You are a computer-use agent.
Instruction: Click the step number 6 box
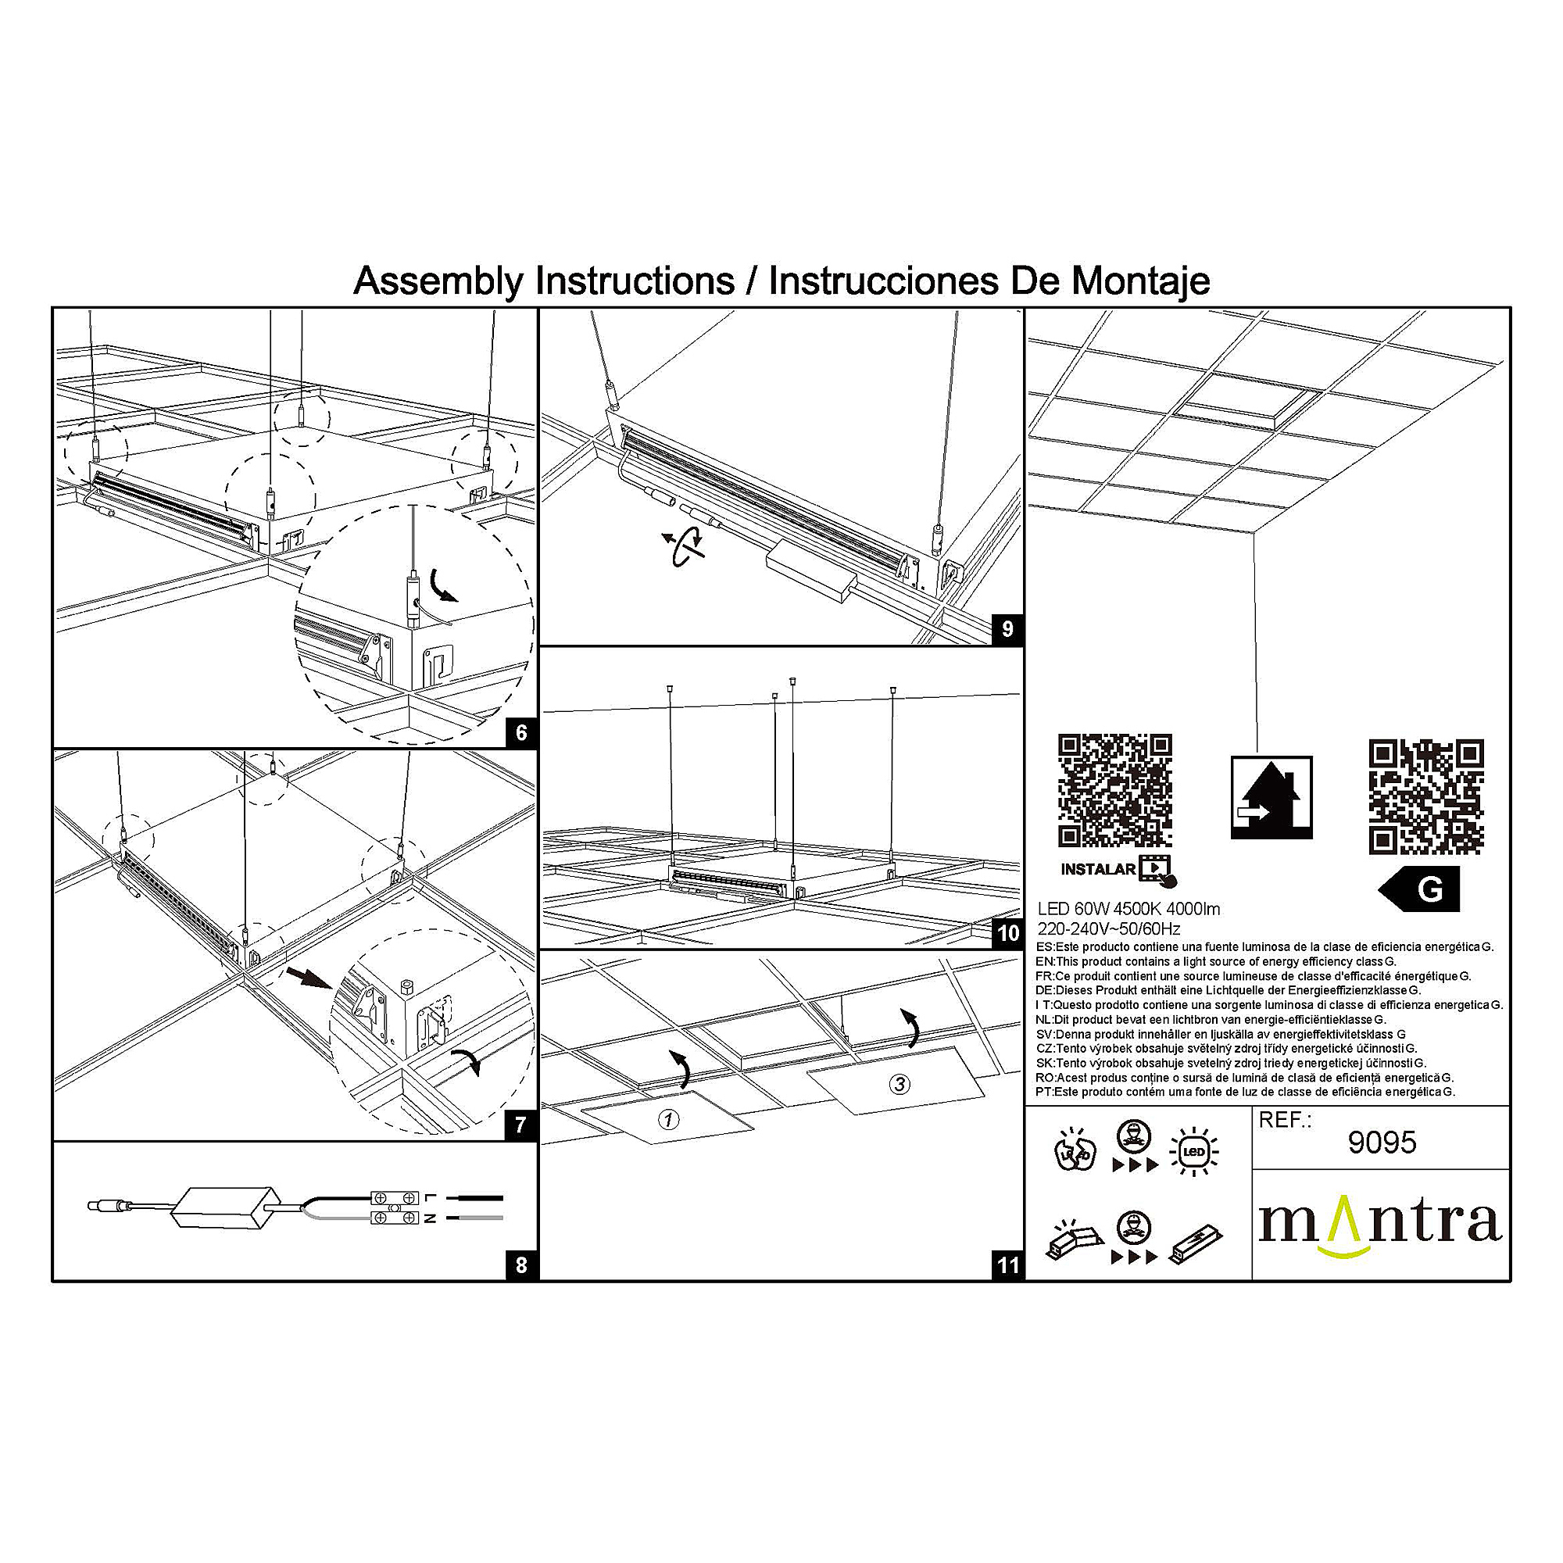(x=521, y=733)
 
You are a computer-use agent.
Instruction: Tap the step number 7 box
(x=521, y=1125)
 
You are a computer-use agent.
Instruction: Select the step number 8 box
(x=521, y=1264)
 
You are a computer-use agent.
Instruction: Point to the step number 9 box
(x=1007, y=629)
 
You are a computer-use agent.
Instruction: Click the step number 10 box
(x=1007, y=934)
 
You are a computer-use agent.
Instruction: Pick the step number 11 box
(x=1007, y=1264)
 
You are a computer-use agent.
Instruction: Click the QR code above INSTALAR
(x=1115, y=790)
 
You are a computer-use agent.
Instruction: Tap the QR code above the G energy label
(x=1425, y=796)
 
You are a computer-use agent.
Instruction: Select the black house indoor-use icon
(x=1271, y=797)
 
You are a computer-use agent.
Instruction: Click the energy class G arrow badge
(x=1421, y=889)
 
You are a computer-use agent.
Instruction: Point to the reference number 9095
(x=1382, y=1143)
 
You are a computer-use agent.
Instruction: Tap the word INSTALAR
(x=1098, y=870)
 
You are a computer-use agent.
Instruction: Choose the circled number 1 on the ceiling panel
(x=668, y=1120)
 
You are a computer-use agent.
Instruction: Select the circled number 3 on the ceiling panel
(x=899, y=1084)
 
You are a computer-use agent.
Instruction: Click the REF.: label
(x=1285, y=1121)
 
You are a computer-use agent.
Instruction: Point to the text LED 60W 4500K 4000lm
(x=1128, y=910)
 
